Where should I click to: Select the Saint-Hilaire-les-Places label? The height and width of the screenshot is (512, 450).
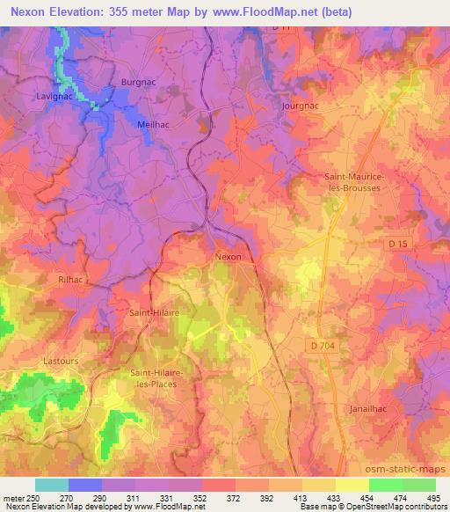[156, 378]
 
